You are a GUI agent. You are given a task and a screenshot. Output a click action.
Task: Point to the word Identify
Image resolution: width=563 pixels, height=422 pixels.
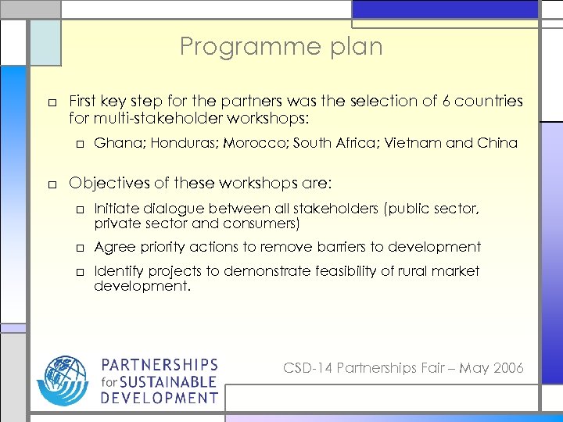pyautogui.click(x=117, y=271)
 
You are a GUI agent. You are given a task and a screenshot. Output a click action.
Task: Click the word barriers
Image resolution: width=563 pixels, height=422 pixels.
pyautogui.click(x=342, y=247)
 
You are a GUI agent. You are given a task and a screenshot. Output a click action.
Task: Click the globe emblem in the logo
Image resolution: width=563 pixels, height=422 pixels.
pyautogui.click(x=66, y=380)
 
